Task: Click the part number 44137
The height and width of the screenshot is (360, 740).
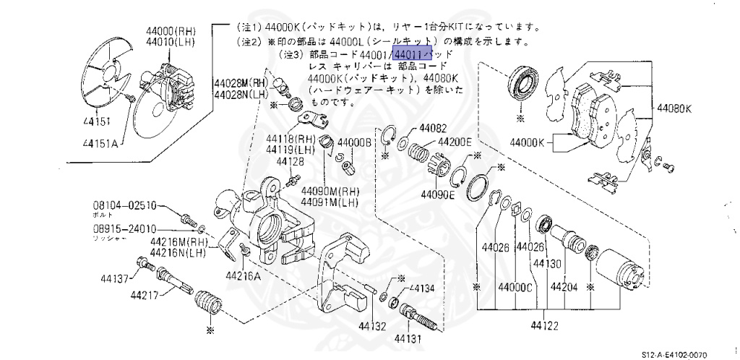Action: (113, 278)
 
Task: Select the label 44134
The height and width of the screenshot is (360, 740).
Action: (422, 288)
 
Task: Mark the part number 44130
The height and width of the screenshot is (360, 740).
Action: (547, 264)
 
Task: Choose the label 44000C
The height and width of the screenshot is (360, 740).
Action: (514, 287)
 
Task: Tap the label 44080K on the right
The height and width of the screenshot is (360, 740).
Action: (674, 109)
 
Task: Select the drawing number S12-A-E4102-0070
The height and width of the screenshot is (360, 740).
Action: (687, 354)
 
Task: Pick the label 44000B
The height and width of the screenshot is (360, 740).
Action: (353, 143)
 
